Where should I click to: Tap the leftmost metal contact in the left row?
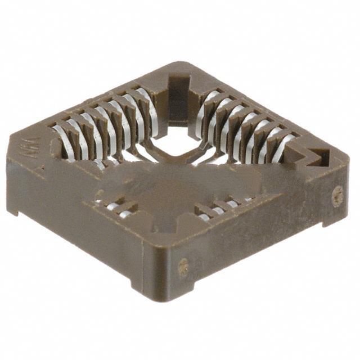61,139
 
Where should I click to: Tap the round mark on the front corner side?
183,267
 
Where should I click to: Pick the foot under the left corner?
13,211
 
